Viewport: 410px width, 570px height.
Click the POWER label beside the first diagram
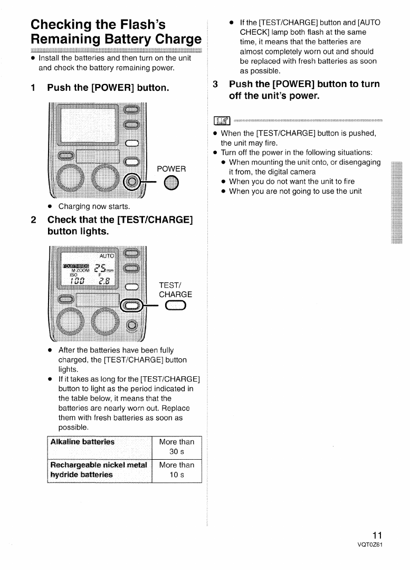(x=171, y=169)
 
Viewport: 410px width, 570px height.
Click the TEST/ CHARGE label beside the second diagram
(x=175, y=290)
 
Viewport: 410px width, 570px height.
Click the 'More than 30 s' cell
(x=176, y=447)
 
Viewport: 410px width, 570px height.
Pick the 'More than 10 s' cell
(x=176, y=470)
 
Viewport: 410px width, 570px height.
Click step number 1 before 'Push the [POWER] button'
(x=33, y=88)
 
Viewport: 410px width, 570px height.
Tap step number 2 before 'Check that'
(x=33, y=219)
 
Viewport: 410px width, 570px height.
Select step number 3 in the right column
(x=215, y=84)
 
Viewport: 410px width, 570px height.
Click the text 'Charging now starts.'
(x=94, y=206)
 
